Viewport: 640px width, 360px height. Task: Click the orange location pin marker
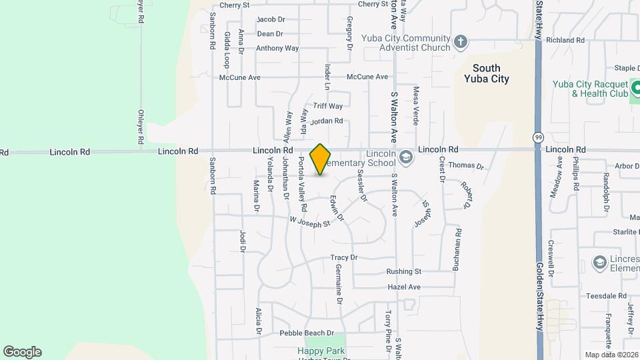[321, 159]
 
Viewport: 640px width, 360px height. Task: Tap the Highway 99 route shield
[538, 137]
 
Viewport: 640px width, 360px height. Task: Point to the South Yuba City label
[486, 73]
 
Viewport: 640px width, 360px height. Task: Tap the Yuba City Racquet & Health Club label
[590, 89]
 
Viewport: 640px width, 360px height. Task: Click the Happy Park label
[316, 351]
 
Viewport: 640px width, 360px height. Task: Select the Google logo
[22, 351]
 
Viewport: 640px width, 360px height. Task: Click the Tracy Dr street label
[344, 257]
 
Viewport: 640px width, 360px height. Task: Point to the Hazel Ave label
[404, 287]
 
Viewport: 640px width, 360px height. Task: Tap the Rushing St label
[404, 271]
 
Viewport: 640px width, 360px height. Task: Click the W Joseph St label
[310, 221]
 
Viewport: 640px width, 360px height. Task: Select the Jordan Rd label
[327, 121]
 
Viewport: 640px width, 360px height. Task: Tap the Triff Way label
[328, 106]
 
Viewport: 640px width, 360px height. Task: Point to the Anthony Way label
[277, 48]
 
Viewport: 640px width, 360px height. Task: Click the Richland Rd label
[565, 40]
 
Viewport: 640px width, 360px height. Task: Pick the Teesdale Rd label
[605, 295]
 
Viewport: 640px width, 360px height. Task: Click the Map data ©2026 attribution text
[610, 354]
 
